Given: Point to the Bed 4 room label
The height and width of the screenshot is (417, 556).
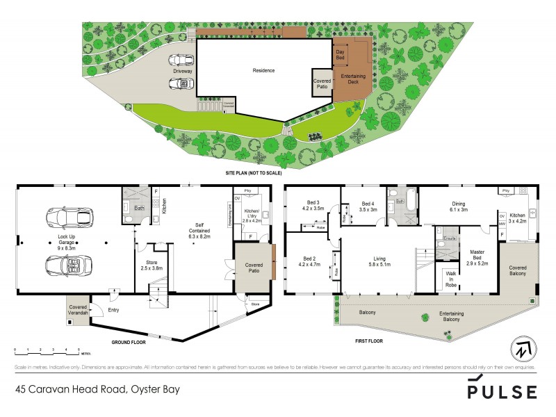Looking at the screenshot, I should click(x=368, y=205).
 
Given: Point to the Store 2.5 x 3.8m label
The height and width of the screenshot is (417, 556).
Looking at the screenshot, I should click(x=152, y=265).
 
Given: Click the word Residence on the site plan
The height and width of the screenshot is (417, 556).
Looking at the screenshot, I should click(x=263, y=70).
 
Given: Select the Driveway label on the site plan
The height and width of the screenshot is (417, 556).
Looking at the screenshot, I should click(x=183, y=70).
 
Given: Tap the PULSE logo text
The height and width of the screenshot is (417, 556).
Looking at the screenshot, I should click(x=501, y=390).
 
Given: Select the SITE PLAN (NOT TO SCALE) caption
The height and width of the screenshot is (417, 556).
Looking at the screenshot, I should click(x=253, y=171).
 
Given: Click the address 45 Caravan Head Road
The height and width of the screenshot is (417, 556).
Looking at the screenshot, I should click(x=97, y=390).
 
